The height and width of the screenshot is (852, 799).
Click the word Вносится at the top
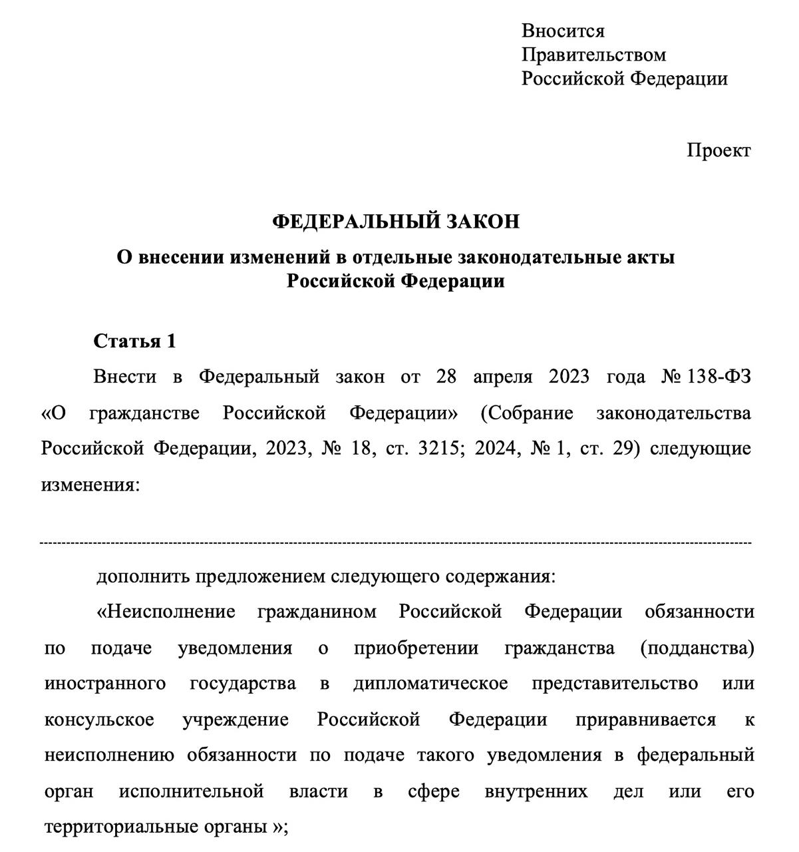click(x=563, y=31)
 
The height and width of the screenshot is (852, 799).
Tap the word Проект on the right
click(x=719, y=150)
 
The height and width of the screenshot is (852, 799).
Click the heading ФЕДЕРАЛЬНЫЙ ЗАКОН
click(x=396, y=222)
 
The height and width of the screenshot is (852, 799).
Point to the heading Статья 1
click(x=134, y=341)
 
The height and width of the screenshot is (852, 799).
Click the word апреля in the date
click(x=503, y=377)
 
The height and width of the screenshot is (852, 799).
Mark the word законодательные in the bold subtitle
click(x=515, y=257)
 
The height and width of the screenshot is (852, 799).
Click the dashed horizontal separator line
click(x=396, y=543)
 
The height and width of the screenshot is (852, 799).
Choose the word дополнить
click(x=143, y=576)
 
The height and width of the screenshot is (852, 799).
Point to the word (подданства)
click(x=697, y=648)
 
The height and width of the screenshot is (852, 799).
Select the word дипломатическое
click(x=430, y=684)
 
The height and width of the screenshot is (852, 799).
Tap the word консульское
click(x=99, y=720)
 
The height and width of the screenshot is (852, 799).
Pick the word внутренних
click(x=536, y=791)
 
